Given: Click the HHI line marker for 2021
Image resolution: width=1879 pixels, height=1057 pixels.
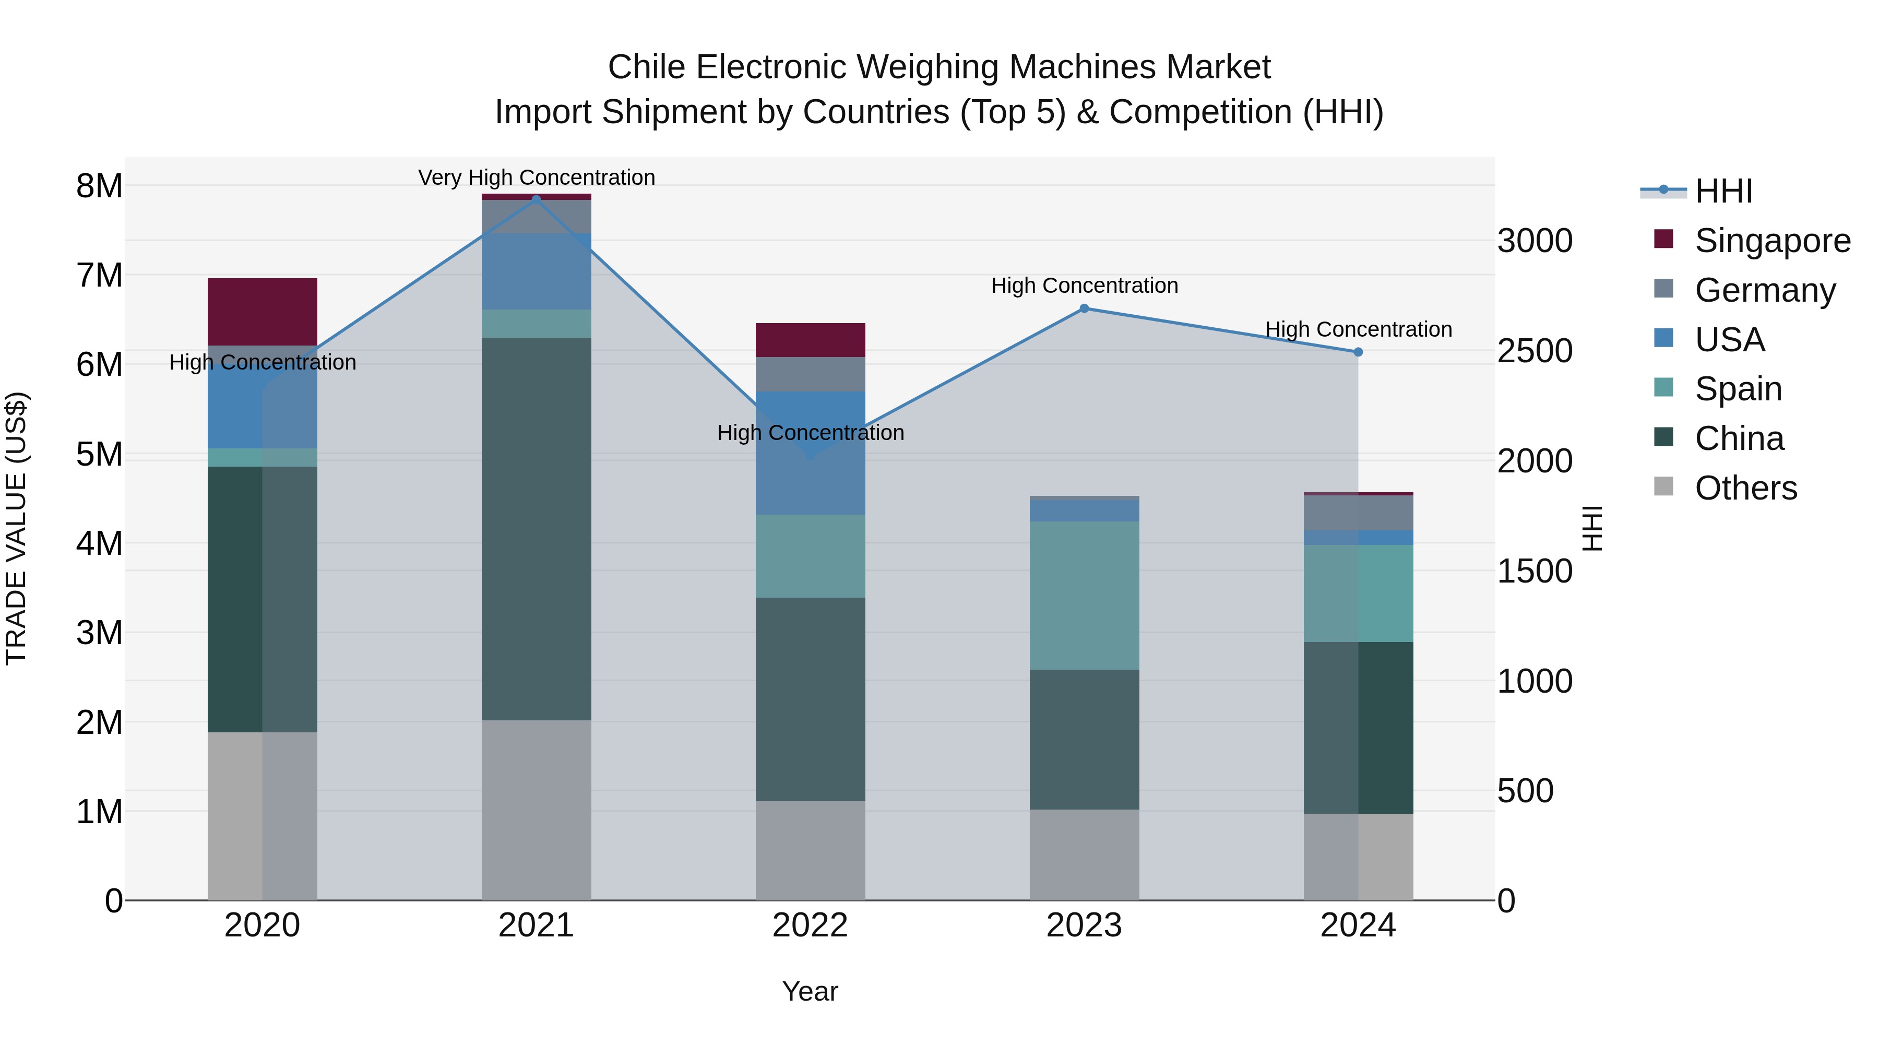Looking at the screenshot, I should pyautogui.click(x=536, y=199).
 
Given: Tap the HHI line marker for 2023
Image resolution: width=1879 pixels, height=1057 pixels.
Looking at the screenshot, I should pyautogui.click(x=1084, y=308).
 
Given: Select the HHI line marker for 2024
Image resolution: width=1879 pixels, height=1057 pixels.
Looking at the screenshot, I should pyautogui.click(x=1358, y=352).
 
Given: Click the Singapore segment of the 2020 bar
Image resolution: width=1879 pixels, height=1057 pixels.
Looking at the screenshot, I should pyautogui.click(x=262, y=312).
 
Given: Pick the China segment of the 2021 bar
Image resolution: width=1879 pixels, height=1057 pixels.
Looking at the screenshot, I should pyautogui.click(x=536, y=529).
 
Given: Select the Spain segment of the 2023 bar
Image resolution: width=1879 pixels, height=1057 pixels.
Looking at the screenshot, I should pyautogui.click(x=1084, y=595).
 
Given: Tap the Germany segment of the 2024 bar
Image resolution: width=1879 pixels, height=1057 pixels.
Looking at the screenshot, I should pyautogui.click(x=1358, y=513).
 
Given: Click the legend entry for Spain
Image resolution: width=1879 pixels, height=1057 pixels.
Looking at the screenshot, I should pyautogui.click(x=1738, y=389).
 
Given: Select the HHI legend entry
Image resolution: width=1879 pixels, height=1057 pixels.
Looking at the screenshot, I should pyautogui.click(x=1723, y=191).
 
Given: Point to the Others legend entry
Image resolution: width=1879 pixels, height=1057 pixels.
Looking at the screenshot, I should pyautogui.click(x=1745, y=488).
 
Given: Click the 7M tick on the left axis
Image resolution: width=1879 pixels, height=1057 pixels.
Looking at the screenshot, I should pyautogui.click(x=99, y=276).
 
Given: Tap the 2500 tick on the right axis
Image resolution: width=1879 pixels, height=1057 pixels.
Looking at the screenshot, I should pyautogui.click(x=1535, y=351).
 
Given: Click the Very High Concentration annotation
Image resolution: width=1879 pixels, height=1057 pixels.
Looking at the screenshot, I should pyautogui.click(x=536, y=177).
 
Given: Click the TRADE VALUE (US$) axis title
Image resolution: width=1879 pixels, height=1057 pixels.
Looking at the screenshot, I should pyautogui.click(x=16, y=528).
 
